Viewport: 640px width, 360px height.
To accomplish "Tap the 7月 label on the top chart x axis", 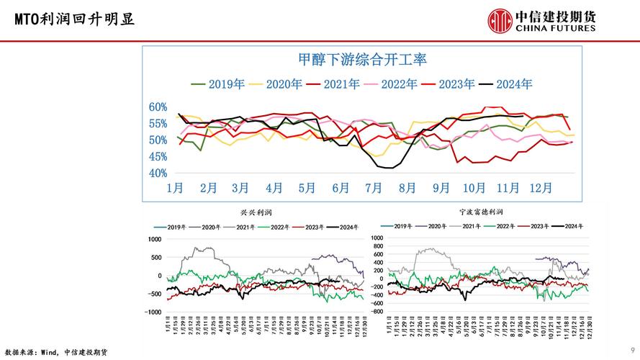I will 374,188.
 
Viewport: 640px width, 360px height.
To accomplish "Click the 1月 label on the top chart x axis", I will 175,188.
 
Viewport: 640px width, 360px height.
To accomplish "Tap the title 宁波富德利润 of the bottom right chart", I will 482,212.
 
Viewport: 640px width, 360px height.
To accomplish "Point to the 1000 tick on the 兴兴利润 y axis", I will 155,239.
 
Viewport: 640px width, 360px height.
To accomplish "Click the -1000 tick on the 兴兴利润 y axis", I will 153,312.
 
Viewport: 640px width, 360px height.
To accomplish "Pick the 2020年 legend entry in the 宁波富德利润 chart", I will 440,226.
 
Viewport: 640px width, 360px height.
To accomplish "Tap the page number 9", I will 631,351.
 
